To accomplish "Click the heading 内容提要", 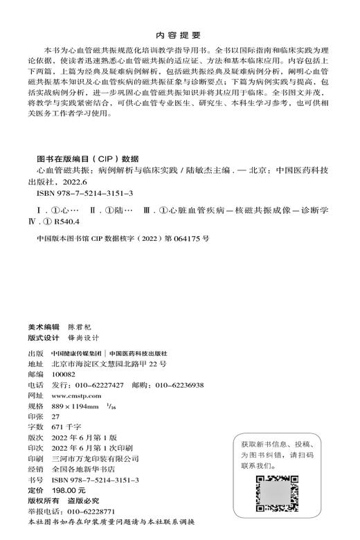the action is [179, 33].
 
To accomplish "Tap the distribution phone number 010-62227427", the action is [100, 384].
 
